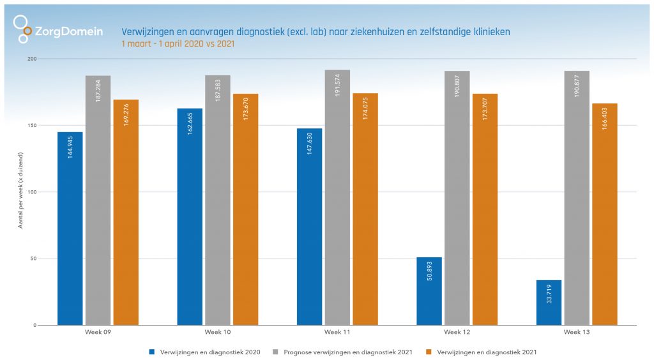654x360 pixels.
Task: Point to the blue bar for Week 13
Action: coord(549,303)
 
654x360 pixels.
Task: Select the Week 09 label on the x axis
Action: coord(97,333)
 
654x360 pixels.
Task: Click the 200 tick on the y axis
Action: coord(32,59)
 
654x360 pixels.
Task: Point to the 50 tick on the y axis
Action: coord(33,259)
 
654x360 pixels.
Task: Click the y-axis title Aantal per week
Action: coord(22,191)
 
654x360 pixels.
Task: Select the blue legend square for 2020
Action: coord(151,352)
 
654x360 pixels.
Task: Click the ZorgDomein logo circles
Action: coord(23,29)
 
